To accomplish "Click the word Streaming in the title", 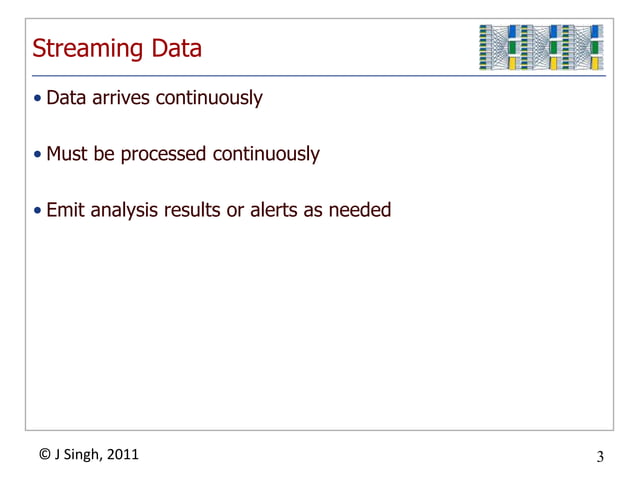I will [x=85, y=49].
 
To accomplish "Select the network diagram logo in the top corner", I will [x=541, y=47].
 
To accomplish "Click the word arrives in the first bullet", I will [x=122, y=99].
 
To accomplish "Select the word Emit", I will [x=65, y=210].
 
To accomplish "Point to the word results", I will [x=194, y=210].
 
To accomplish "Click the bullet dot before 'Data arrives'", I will [x=38, y=100].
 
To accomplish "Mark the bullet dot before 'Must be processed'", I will [x=38, y=156].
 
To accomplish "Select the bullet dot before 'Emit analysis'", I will [x=38, y=211].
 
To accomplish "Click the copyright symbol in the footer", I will [x=45, y=455].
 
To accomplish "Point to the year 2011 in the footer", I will [x=124, y=455].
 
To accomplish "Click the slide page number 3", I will [x=600, y=458].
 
